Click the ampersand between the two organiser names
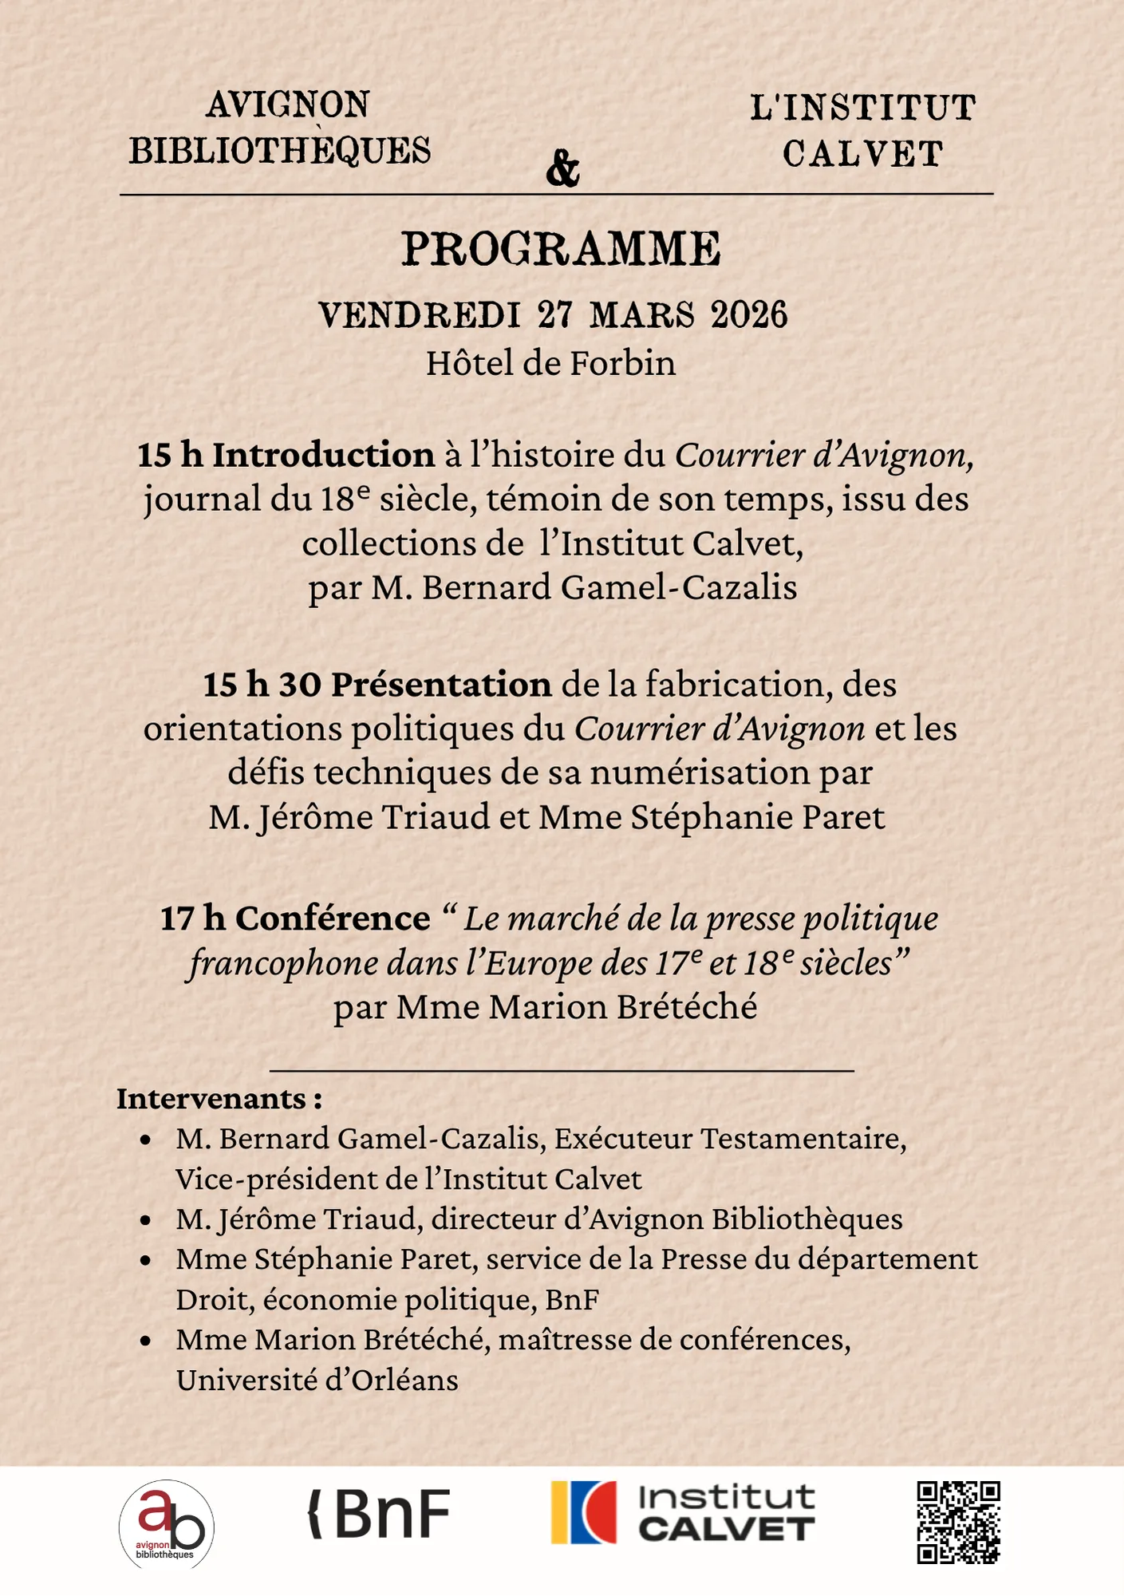562,168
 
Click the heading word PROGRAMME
561,249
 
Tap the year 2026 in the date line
749,315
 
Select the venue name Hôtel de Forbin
550,364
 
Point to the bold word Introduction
323,455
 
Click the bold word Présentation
441,685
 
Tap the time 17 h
193,918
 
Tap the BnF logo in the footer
380,1514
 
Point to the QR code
958,1523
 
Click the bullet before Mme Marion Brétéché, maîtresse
145,1341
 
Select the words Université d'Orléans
317,1381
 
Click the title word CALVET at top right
862,155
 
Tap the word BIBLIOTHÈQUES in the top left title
280,151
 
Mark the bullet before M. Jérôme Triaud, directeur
145,1220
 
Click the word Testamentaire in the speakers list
803,1139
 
